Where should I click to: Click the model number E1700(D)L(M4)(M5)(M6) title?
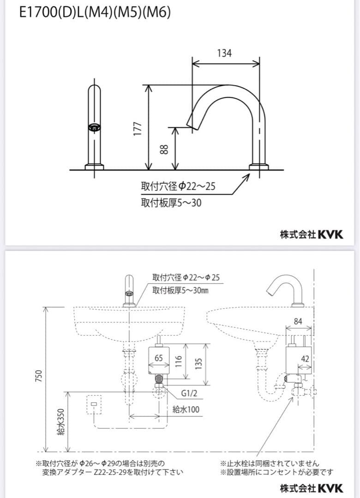pyautogui.click(x=95, y=13)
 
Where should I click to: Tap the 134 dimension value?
pyautogui.click(x=224, y=53)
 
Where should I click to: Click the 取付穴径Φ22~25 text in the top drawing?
pyautogui.click(x=178, y=186)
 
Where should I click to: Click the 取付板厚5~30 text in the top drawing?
pyautogui.click(x=171, y=203)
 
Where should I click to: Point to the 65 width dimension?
pyautogui.click(x=159, y=358)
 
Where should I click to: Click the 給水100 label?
pyautogui.click(x=186, y=409)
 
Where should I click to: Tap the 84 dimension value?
pyautogui.click(x=298, y=321)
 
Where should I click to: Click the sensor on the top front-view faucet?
pyautogui.click(x=94, y=128)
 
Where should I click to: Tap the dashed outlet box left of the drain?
pyautogui.click(x=94, y=404)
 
